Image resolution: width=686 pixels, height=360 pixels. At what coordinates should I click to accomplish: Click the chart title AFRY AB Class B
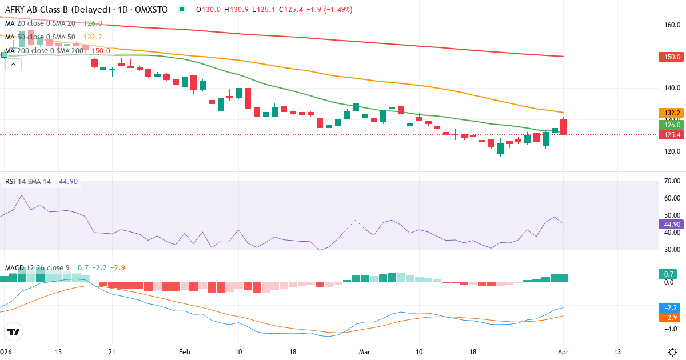coord(40,10)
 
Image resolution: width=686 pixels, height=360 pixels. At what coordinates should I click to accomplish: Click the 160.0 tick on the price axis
coord(672,25)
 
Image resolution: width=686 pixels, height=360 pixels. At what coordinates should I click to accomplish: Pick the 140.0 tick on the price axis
coord(672,88)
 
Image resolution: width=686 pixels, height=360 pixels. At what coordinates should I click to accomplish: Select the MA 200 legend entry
coord(43,50)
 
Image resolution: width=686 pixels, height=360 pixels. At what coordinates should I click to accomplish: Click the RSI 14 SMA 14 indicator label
coord(28,181)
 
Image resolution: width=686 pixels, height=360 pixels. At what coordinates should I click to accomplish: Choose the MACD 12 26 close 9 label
coord(38,267)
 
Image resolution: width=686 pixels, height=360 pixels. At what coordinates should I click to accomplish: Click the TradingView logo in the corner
coord(13,331)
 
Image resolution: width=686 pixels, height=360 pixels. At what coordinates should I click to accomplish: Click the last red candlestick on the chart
coord(564,127)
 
